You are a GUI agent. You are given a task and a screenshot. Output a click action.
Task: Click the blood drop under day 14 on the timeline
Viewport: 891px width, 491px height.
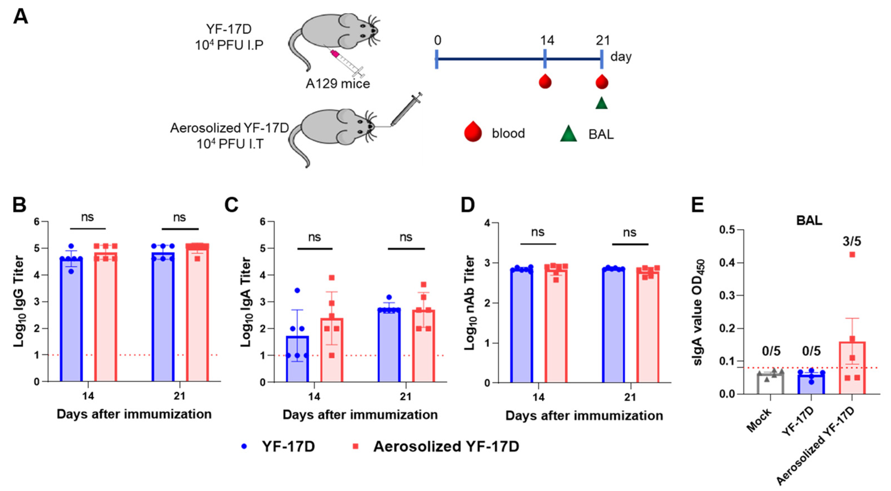545,82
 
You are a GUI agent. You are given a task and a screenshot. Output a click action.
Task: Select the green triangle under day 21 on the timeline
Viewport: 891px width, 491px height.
602,103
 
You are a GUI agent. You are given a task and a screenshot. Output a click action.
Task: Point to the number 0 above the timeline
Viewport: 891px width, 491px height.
438,41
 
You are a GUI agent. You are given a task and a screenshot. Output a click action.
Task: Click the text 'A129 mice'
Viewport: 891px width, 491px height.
338,83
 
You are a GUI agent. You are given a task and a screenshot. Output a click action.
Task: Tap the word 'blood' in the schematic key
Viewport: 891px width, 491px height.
508,133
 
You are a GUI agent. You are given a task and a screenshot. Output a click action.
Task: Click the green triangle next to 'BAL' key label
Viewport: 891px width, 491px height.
569,134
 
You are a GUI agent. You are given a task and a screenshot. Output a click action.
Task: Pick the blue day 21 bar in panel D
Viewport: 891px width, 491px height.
614,325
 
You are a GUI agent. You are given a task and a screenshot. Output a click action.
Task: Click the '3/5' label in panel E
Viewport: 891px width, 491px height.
852,241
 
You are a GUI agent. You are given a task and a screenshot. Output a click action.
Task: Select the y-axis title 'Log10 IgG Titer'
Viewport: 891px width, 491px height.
19,301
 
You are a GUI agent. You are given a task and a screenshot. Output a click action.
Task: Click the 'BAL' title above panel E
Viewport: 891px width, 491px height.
809,220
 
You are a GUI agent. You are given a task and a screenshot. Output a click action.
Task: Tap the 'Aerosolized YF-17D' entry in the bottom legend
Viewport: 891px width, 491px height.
446,446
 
